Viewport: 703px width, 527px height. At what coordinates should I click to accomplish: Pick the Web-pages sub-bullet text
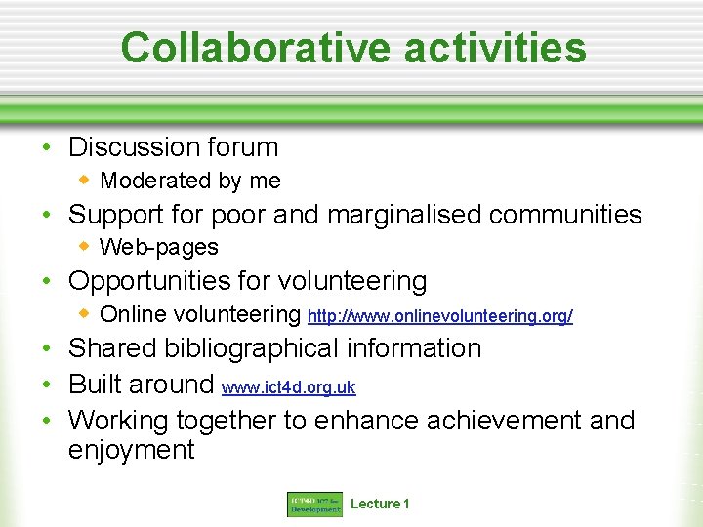pyautogui.click(x=159, y=248)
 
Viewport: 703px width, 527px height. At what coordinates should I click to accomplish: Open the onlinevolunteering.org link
pyautogui.click(x=439, y=316)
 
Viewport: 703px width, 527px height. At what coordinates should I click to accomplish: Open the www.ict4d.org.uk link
pyautogui.click(x=289, y=387)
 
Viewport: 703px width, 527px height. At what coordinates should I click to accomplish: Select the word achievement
pyautogui.click(x=504, y=421)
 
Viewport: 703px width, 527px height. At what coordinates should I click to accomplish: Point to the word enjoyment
pyautogui.click(x=131, y=450)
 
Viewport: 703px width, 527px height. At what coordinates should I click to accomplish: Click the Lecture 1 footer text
pyautogui.click(x=380, y=504)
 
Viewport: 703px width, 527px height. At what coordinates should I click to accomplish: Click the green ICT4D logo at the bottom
pyautogui.click(x=314, y=505)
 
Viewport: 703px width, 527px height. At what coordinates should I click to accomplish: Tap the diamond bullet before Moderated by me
pyautogui.click(x=85, y=180)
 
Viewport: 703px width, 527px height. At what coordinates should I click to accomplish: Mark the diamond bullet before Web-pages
pyautogui.click(x=85, y=247)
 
